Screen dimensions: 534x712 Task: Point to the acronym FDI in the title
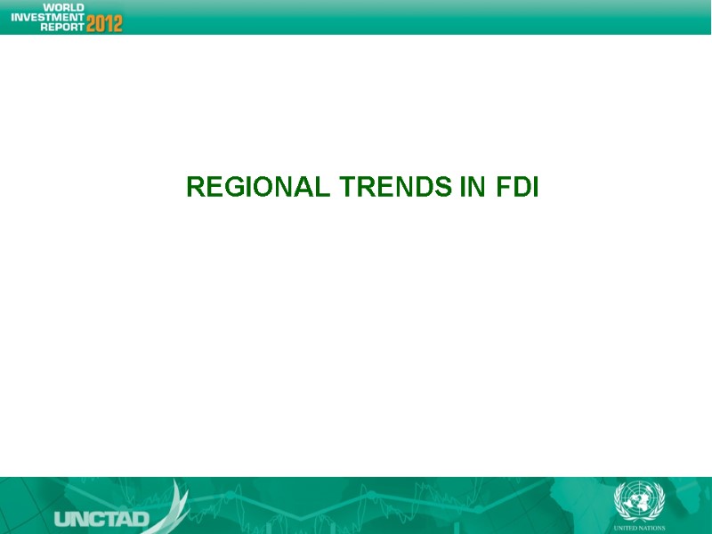516,188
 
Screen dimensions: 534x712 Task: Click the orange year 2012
104,23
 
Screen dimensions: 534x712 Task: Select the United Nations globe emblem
633,499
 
